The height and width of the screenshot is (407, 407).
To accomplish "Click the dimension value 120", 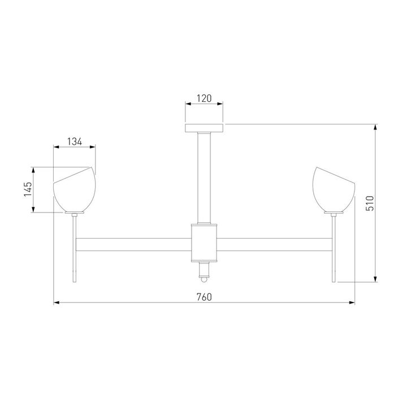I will (x=204, y=98).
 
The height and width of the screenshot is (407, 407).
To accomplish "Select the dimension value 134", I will (x=74, y=142).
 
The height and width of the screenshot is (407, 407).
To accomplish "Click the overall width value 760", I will (x=204, y=297).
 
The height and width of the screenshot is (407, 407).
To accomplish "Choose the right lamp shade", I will (x=333, y=190).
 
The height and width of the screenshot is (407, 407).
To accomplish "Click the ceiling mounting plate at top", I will (x=204, y=127).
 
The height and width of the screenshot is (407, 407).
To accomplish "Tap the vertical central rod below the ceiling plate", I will (x=204, y=175).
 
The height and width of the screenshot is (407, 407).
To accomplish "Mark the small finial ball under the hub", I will (x=204, y=279).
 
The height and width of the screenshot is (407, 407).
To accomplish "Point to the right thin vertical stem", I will (x=335, y=249).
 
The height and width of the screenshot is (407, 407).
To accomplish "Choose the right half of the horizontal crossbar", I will (x=274, y=244).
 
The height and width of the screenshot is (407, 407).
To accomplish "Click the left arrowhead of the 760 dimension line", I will (x=56, y=303).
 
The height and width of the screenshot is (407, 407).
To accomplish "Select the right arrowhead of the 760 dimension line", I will (x=353, y=303).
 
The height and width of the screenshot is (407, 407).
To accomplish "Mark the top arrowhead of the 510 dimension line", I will (x=375, y=126).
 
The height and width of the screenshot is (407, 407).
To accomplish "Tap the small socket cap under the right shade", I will (x=334, y=214).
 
